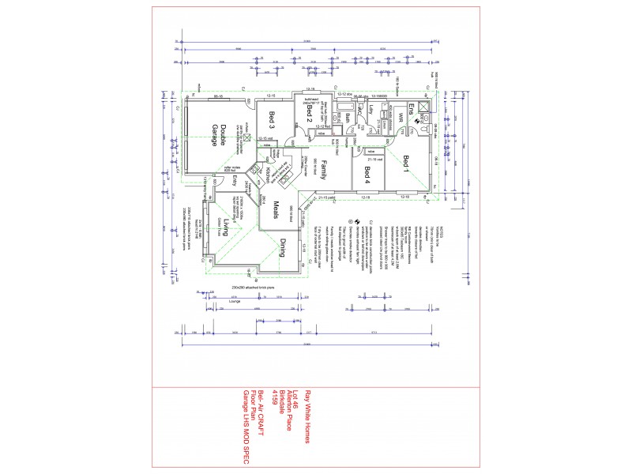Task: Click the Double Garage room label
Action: click(219, 135)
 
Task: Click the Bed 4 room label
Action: click(367, 175)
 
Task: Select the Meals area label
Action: click(276, 210)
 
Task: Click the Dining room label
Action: click(281, 251)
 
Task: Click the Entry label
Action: click(235, 181)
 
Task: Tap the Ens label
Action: click(411, 109)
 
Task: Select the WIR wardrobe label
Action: click(401, 118)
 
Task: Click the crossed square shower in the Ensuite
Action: click(424, 108)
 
